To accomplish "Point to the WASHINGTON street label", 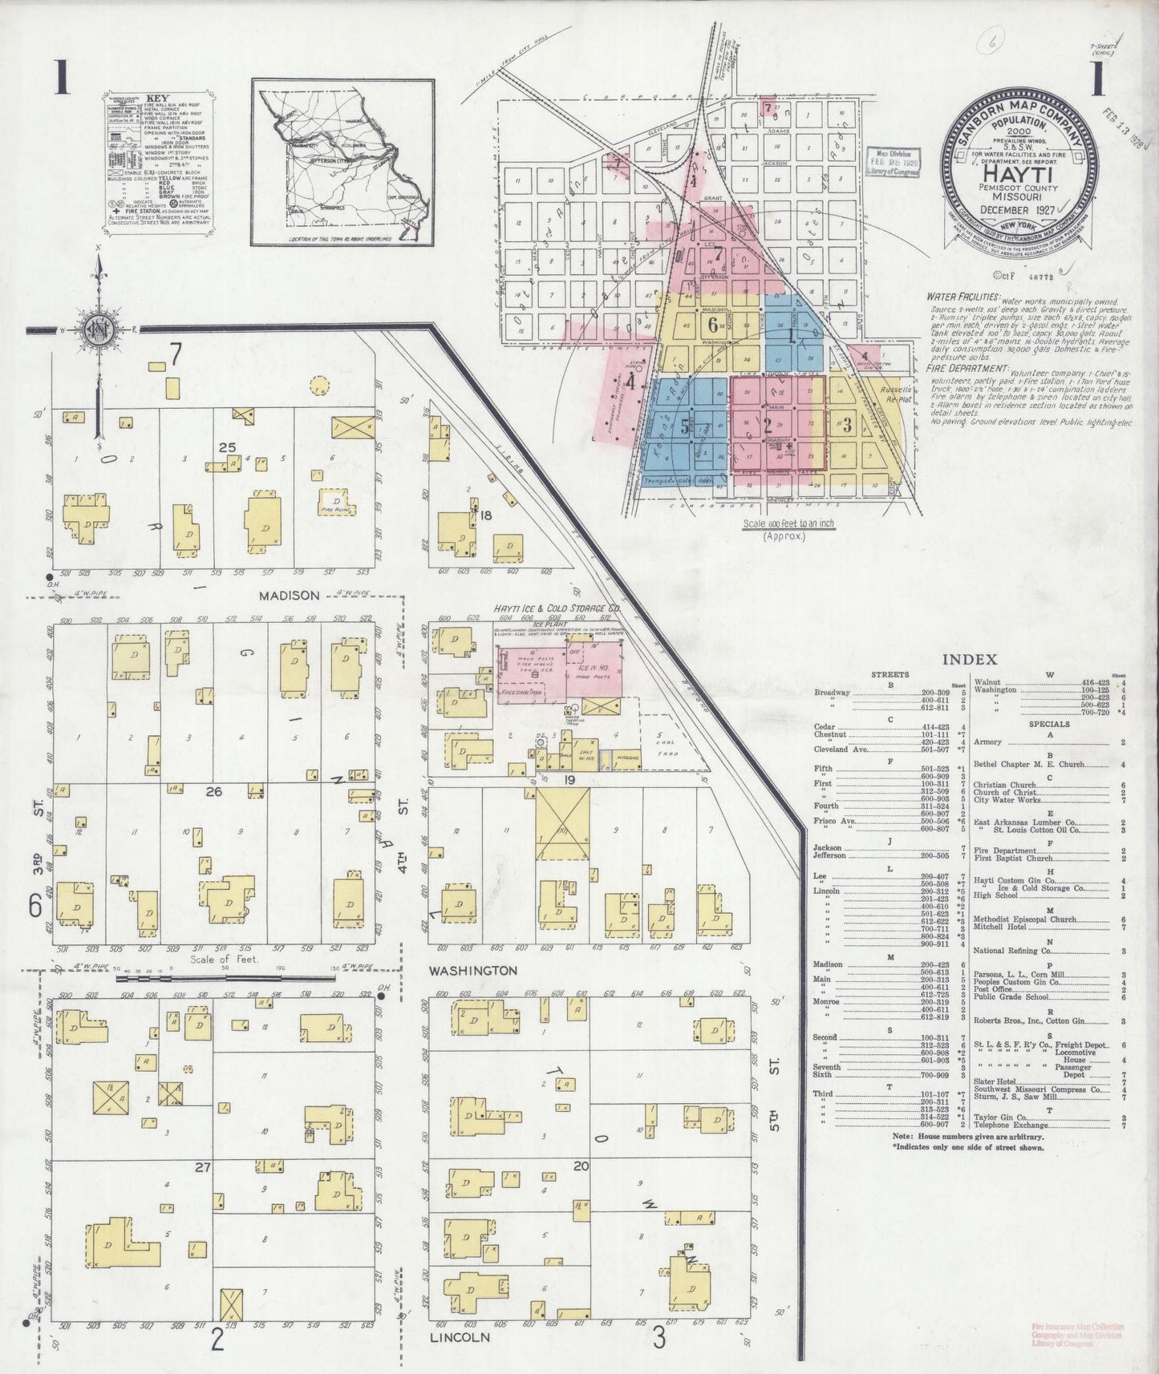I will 473,970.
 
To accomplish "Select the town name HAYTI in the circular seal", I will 1018,174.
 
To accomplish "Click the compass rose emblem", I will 98,330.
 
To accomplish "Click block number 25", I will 228,446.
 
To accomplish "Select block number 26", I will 213,792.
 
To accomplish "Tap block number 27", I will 200,1167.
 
